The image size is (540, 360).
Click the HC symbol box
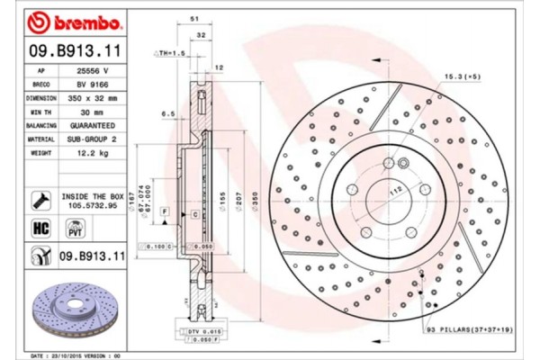coord(40,228)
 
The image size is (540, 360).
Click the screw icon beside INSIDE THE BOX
coord(40,199)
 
